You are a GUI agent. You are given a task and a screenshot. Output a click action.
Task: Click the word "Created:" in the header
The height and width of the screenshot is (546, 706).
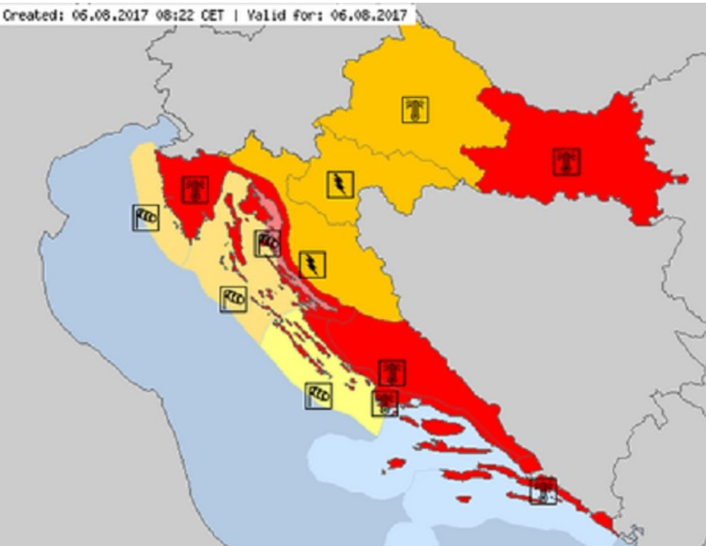[30, 15]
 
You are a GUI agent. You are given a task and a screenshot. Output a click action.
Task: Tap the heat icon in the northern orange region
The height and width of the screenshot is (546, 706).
[415, 110]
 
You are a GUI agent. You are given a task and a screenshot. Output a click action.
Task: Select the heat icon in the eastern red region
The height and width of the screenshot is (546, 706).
[566, 162]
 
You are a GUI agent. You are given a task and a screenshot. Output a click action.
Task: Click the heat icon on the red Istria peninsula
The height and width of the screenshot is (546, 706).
[193, 190]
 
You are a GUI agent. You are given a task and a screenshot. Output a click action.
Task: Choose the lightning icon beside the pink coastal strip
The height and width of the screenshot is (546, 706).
[311, 264]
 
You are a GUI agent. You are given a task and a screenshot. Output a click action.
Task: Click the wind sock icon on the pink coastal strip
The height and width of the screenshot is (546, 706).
[267, 242]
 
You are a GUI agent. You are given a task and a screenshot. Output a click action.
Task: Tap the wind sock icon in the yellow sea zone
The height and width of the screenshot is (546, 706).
[318, 395]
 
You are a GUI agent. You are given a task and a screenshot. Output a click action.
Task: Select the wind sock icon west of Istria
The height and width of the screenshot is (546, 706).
[147, 216]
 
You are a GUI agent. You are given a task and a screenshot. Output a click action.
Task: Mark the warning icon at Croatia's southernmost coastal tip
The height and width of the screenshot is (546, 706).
[542, 491]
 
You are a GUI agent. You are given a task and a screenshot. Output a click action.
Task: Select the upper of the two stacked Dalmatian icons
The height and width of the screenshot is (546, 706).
[392, 372]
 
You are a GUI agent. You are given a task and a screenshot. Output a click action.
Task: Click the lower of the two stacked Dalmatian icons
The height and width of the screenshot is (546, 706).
[385, 402]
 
